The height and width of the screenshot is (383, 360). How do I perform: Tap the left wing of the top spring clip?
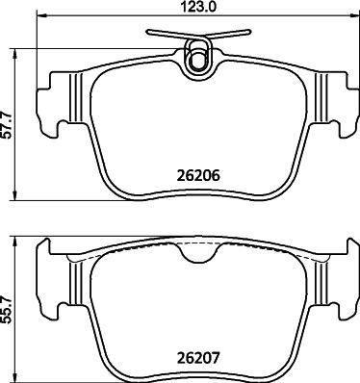(x=165, y=34)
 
